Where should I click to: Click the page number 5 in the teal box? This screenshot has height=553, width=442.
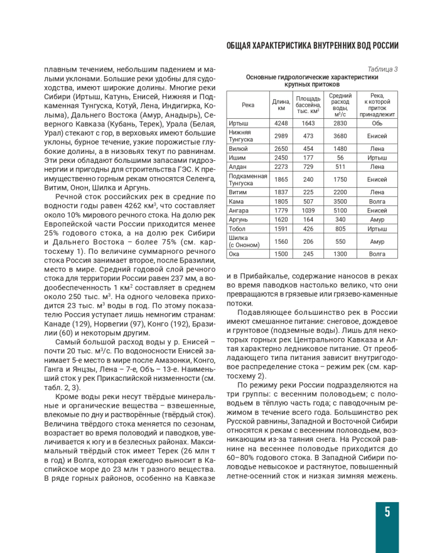tap(387, 512)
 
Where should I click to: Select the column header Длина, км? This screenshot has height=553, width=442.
tap(281, 104)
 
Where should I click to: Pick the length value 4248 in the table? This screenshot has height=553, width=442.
tap(281, 123)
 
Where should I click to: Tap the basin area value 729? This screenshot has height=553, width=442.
tap(308, 167)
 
